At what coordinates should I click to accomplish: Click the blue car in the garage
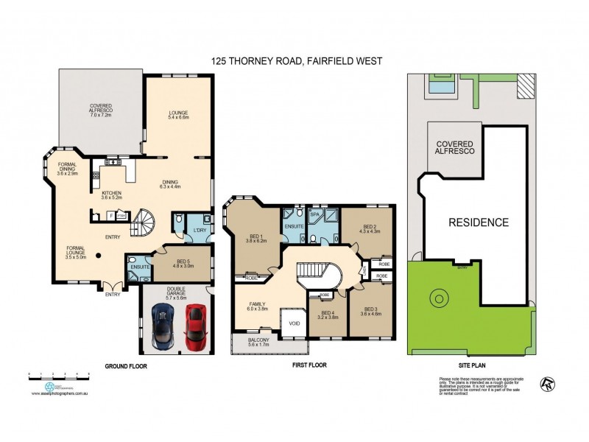coord(162,328)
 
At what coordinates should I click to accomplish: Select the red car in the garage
coord(194,328)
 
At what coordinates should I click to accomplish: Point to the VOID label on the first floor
coord(294,324)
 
